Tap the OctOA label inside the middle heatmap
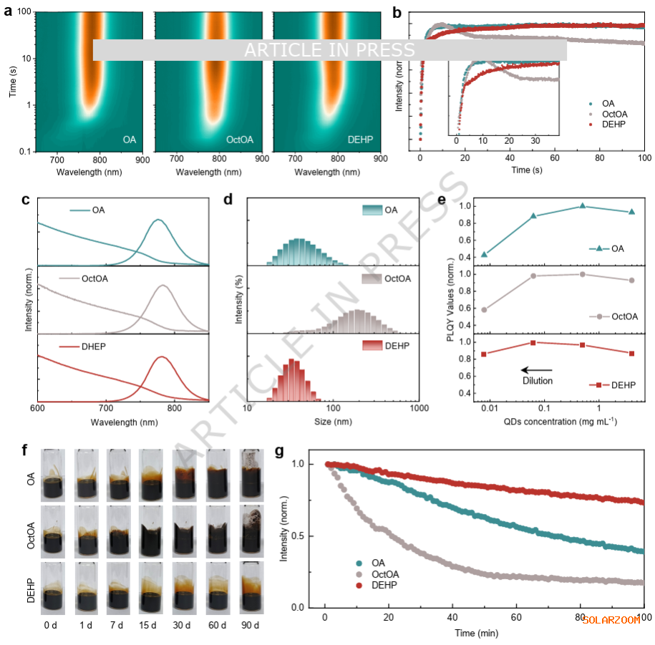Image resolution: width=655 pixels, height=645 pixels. click(x=239, y=140)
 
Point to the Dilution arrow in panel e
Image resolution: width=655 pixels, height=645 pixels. click(x=536, y=370)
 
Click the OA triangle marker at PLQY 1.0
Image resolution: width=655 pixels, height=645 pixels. click(x=583, y=206)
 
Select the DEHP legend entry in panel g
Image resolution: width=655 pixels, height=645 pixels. click(x=383, y=586)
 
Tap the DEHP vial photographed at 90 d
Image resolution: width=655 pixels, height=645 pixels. click(x=251, y=586)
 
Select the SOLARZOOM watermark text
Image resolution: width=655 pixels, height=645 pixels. click(x=611, y=620)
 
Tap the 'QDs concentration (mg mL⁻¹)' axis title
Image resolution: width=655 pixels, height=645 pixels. click(x=558, y=422)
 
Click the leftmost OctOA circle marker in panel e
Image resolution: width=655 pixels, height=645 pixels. click(x=485, y=310)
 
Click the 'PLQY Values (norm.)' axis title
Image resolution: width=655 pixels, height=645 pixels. click(x=451, y=301)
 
